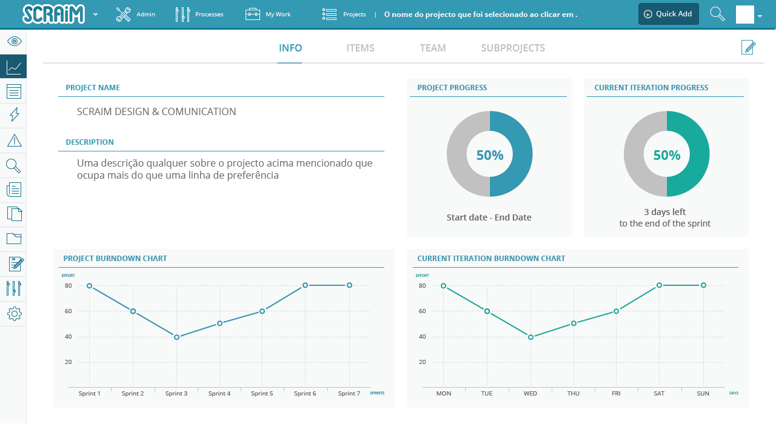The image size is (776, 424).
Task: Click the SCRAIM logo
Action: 53,14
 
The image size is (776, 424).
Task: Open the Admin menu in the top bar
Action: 135,14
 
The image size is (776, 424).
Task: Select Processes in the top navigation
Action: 199,14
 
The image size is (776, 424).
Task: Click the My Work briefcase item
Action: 268,14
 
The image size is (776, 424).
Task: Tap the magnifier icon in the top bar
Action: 717,14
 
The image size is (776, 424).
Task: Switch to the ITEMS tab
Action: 360,48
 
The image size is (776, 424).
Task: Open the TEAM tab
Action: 432,48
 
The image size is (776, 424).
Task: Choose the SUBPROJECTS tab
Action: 513,48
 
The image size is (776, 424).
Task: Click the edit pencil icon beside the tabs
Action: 749,47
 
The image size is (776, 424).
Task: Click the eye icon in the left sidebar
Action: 14,41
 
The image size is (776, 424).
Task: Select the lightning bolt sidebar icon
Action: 14,114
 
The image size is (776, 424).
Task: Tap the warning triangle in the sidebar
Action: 14,141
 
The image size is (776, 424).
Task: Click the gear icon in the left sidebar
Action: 14,314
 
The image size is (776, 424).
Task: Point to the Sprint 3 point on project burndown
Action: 176,337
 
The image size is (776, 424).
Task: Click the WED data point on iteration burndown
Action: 530,337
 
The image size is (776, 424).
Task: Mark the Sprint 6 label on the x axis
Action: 305,394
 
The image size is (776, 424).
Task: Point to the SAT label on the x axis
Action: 659,394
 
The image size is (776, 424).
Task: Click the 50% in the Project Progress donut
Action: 489,155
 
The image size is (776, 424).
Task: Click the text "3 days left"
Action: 664,212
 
